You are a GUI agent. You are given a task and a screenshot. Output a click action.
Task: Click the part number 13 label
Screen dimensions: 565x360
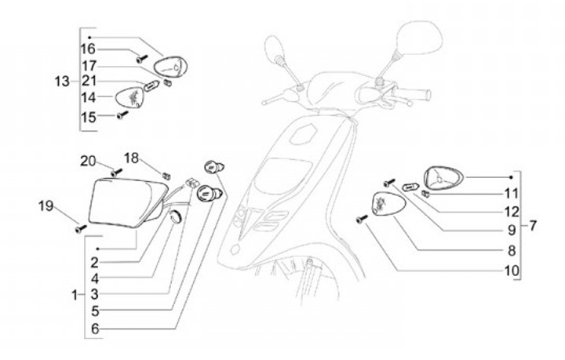tap(62, 82)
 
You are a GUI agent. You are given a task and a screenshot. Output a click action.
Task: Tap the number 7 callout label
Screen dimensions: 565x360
tap(533, 226)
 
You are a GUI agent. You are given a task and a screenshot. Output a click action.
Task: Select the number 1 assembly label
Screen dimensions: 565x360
tap(75, 296)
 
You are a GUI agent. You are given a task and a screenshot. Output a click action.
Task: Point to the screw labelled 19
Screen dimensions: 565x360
tap(81, 228)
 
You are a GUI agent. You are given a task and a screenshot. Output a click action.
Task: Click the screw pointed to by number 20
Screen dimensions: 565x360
tap(117, 173)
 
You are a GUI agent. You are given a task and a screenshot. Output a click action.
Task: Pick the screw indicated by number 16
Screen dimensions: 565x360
tap(142, 59)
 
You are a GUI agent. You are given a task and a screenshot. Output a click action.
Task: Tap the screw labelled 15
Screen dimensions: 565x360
tap(122, 115)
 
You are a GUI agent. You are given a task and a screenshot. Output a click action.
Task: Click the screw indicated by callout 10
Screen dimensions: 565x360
tap(362, 219)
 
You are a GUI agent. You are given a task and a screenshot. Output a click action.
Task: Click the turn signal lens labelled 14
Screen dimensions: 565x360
tap(129, 96)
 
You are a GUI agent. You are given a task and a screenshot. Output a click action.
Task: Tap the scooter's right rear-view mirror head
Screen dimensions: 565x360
tap(418, 38)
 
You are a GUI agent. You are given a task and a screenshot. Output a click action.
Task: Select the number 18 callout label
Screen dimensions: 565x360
tap(131, 158)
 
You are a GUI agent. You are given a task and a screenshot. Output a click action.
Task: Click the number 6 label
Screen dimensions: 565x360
tap(95, 329)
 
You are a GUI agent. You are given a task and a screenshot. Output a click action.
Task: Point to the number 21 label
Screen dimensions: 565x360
tap(89, 82)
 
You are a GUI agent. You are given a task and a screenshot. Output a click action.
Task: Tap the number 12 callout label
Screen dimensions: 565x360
tap(512, 212)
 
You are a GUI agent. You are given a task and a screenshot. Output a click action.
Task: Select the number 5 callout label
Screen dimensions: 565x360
tap(95, 311)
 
